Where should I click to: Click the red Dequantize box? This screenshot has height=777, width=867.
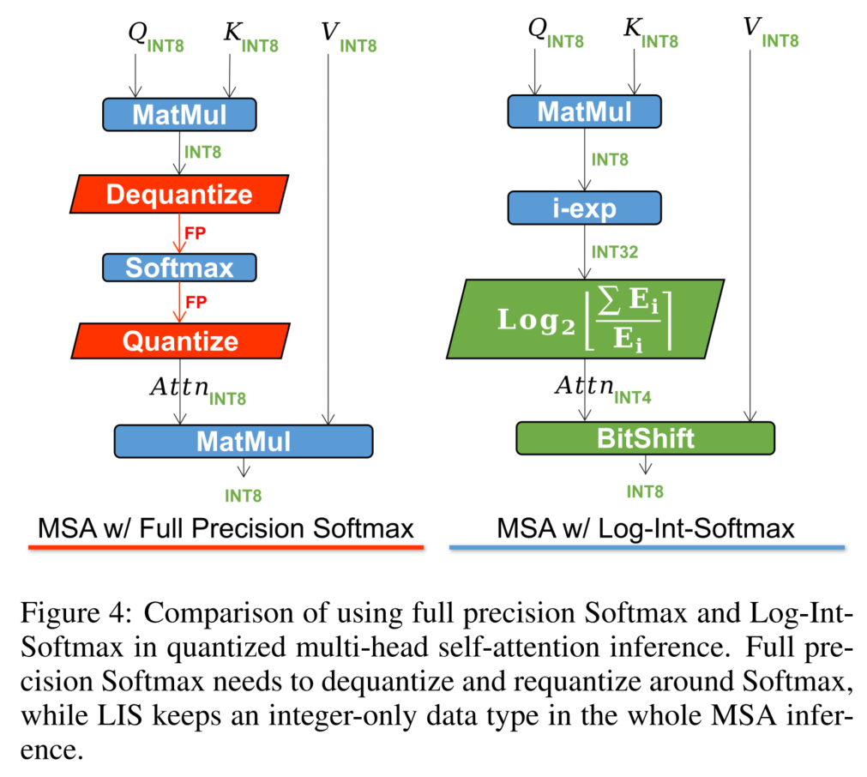179,194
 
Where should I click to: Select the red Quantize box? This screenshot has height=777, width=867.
179,341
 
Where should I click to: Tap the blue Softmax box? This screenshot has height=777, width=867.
179,268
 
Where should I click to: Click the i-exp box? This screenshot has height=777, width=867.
585,207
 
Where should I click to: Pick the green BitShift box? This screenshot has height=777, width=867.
645,438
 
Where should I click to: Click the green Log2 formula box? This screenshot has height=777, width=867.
585,318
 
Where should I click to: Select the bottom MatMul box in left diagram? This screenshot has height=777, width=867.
244,441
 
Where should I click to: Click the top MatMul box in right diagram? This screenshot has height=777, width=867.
585,111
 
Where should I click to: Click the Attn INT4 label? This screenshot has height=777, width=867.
604,388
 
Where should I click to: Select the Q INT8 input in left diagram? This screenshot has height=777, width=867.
154,35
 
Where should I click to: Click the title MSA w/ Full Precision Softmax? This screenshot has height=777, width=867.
226,527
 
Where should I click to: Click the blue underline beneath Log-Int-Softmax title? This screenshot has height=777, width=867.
647,546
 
